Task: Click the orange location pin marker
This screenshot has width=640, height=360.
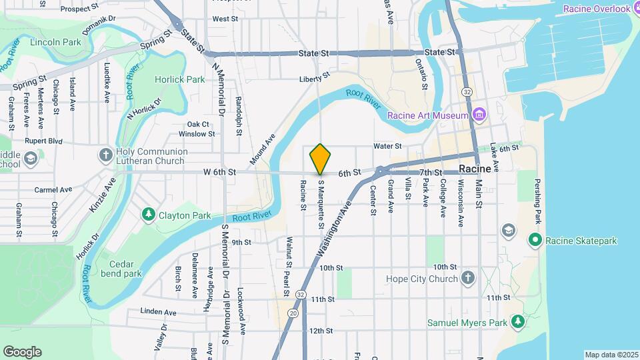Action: click(x=320, y=159)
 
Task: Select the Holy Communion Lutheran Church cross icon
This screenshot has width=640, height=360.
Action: click(x=105, y=156)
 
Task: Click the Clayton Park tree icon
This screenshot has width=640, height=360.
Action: click(x=149, y=215)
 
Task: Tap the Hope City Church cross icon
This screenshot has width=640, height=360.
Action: click(x=468, y=279)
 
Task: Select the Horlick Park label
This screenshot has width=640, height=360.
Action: click(x=179, y=79)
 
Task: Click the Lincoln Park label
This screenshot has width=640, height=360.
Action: click(x=55, y=42)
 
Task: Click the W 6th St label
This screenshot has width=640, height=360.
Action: click(x=219, y=172)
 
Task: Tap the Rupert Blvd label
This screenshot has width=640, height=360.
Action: click(x=43, y=141)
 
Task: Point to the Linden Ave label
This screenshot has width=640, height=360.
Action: click(x=159, y=311)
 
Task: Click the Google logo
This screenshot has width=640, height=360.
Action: click(x=22, y=351)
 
